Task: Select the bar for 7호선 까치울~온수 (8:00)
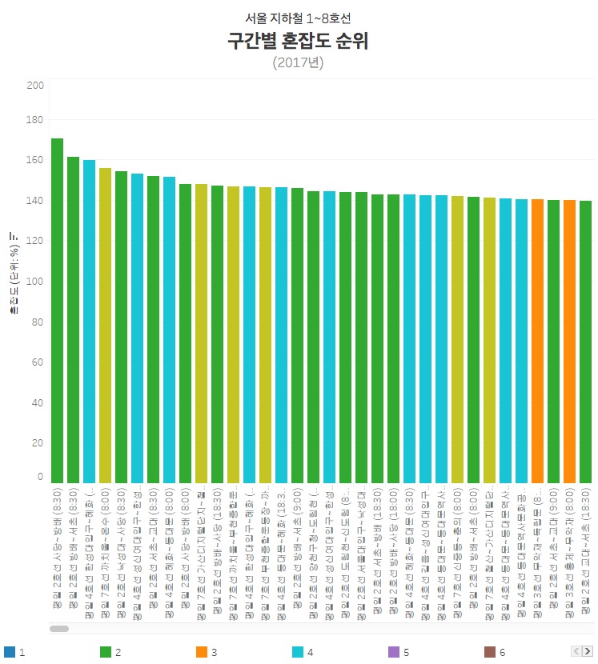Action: click(105, 325)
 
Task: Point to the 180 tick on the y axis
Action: click(35, 119)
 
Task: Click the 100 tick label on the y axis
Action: click(35, 281)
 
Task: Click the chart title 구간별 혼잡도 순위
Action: click(298, 42)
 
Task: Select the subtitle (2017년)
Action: click(298, 62)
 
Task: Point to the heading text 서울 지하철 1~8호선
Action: click(298, 18)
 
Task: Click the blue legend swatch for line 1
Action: click(9, 652)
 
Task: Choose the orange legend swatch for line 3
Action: click(201, 652)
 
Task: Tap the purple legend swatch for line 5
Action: click(393, 652)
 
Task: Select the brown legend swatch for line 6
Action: click(489, 652)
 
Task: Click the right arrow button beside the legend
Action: click(587, 651)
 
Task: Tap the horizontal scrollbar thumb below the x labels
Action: click(59, 629)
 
